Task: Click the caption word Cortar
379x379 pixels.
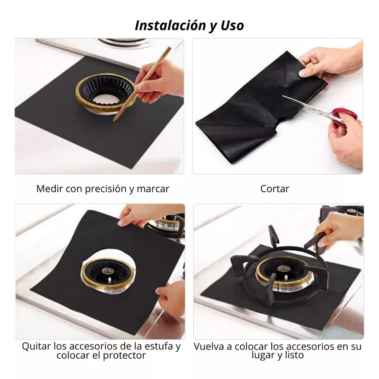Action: point(275,188)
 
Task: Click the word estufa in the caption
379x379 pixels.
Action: point(157,346)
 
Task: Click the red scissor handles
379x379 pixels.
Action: point(343,117)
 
